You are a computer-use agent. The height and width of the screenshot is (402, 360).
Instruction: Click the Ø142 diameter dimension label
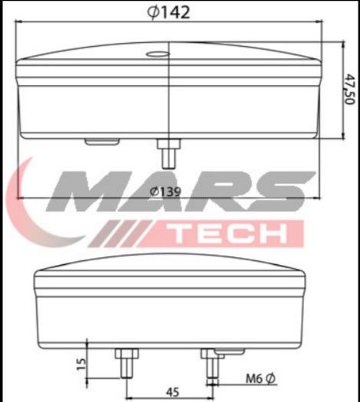pos(169,12)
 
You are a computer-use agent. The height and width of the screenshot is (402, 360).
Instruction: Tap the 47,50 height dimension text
pos(349,89)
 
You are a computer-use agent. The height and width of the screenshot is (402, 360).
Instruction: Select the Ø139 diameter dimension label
pos(165,191)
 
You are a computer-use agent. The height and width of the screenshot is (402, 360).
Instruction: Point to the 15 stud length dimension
pos(81,364)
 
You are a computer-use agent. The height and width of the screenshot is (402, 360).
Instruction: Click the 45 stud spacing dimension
pos(172,392)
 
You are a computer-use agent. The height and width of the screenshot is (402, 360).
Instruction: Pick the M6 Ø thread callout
pos(260,378)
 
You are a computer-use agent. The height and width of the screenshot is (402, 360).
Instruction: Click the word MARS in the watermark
pos(180,191)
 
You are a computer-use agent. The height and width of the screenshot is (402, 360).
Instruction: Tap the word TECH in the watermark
pos(230,234)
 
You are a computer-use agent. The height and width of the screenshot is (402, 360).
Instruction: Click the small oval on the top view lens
pos(158,54)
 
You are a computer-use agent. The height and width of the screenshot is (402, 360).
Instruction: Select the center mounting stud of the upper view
pos(169,153)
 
